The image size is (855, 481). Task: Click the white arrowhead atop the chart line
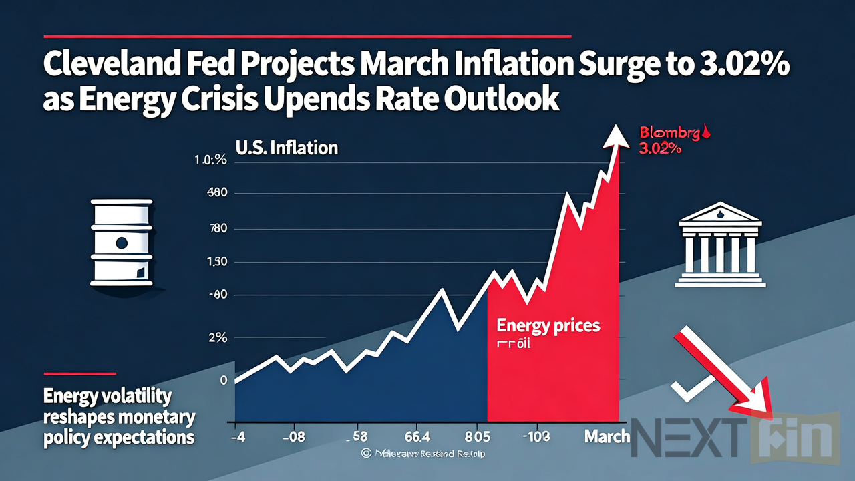615,136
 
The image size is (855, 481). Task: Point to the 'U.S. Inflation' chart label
286,147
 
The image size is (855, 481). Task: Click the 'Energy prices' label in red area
548,326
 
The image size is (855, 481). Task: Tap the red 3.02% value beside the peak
660,150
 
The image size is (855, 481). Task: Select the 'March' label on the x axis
607,436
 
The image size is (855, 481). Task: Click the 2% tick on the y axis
218,338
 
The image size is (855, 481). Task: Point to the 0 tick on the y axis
223,380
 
